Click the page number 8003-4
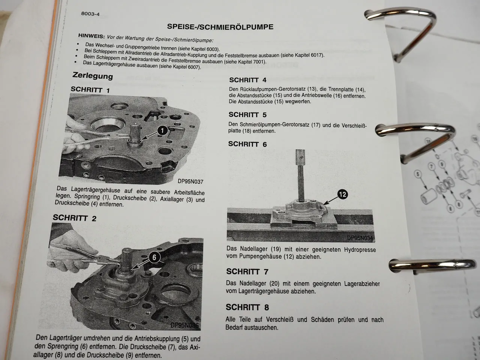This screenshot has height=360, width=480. [90, 14]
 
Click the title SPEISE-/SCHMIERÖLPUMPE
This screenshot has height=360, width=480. [220, 27]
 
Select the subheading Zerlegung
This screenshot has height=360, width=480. [92, 76]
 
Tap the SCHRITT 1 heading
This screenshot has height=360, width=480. [90, 90]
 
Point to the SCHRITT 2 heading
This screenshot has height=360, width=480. [74, 218]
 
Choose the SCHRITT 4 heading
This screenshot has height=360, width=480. [247, 80]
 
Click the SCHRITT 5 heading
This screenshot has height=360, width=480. [247, 115]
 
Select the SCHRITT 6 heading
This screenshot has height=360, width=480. [247, 144]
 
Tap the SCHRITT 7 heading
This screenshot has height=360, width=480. [247, 271]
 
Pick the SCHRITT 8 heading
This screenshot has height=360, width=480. [247, 307]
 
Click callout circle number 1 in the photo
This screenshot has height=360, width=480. [162, 130]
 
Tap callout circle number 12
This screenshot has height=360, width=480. [342, 194]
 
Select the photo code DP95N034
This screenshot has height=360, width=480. [360, 238]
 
